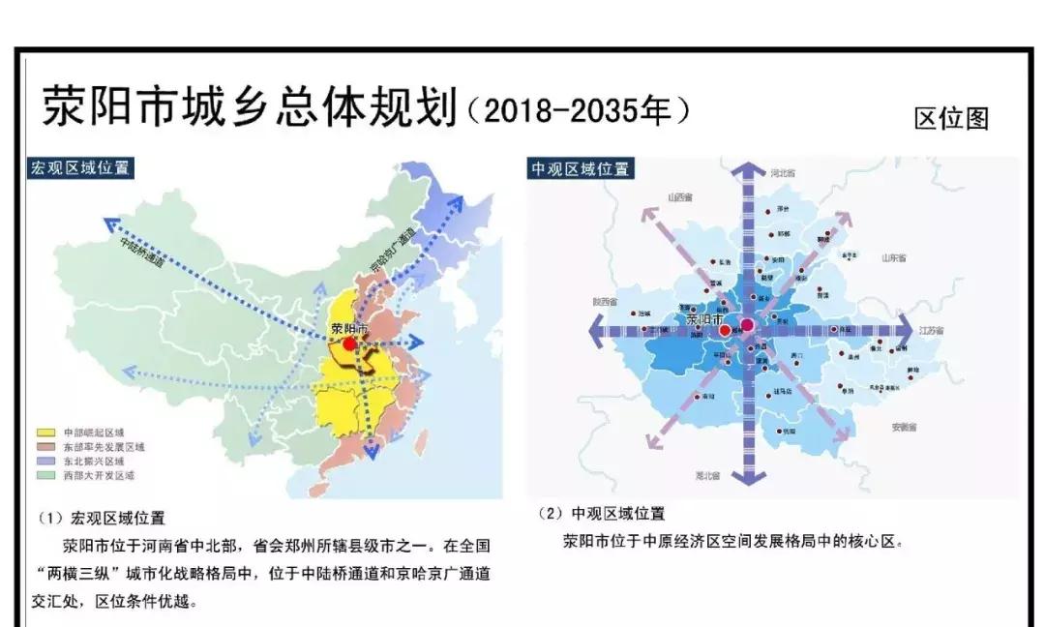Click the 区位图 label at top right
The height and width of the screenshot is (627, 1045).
tap(951, 119)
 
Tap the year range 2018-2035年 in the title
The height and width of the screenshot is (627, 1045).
tap(579, 111)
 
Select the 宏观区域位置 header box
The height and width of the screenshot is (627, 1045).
tap(80, 167)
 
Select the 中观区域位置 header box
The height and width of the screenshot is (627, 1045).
tap(580, 168)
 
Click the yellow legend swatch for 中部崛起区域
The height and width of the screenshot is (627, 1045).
tap(45, 432)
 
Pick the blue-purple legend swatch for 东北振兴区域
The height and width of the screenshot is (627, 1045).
tap(45, 462)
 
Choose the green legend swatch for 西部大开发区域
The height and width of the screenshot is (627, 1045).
tap(45, 476)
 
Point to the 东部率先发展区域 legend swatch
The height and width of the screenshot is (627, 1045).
tap(45, 446)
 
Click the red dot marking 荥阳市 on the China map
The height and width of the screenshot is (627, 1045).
tap(349, 343)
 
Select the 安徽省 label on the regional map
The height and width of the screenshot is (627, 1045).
tap(904, 427)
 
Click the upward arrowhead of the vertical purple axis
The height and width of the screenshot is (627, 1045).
tap(746, 171)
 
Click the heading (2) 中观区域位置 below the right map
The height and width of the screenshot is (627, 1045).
tap(601, 514)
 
